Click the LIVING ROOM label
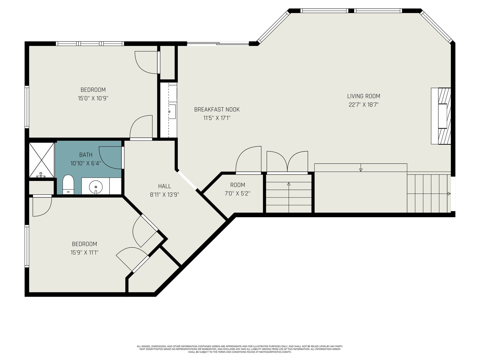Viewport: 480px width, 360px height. click(x=363, y=96)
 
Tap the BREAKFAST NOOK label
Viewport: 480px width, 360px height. click(x=217, y=109)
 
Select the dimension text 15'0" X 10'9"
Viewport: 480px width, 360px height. click(x=93, y=98)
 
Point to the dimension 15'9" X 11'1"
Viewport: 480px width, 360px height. click(x=84, y=253)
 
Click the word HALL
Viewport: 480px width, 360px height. click(x=164, y=186)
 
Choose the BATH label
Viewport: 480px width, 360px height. click(x=86, y=155)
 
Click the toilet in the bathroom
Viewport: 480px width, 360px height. click(x=68, y=184)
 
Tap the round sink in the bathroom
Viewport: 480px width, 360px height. click(x=96, y=187)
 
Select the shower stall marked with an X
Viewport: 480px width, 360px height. click(x=41, y=160)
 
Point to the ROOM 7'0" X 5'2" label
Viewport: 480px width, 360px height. click(x=238, y=189)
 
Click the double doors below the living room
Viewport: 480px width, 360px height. click(x=287, y=162)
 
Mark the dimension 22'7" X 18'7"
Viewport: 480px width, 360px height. click(x=363, y=105)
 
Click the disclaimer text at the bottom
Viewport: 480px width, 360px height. click(x=240, y=349)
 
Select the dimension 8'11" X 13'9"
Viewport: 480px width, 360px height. click(x=164, y=195)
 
